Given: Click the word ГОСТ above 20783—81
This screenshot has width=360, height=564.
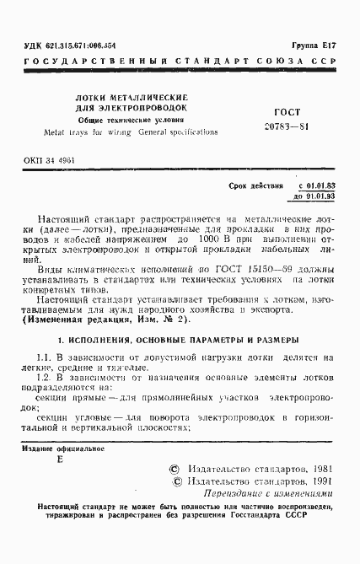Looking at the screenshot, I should pyautogui.click(x=287, y=112).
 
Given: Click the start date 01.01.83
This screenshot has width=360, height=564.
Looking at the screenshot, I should pyautogui.click(x=317, y=185).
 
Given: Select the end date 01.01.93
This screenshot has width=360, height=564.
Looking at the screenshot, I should pyautogui.click(x=317, y=196).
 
